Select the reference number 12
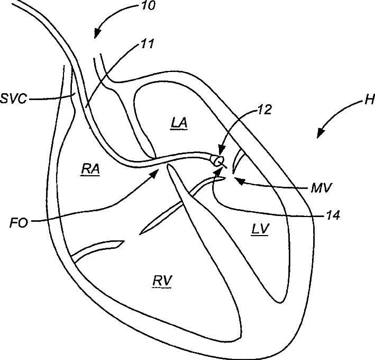click(263, 110)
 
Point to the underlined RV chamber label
click(162, 281)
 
